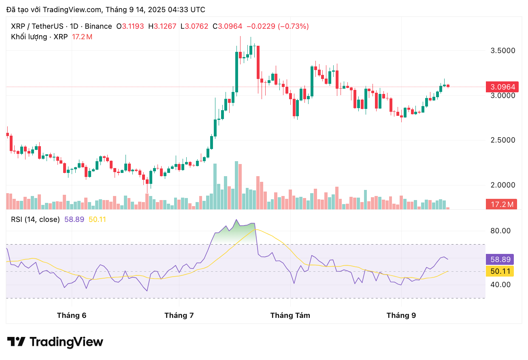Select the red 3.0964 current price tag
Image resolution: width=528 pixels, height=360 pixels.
click(502, 87)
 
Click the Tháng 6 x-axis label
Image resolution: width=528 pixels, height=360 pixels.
click(72, 315)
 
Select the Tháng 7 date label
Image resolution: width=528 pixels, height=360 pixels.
click(179, 315)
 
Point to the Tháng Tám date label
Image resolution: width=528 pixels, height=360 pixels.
click(290, 315)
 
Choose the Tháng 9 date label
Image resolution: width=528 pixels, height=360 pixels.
click(401, 315)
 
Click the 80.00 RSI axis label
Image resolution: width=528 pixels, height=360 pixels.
click(500, 231)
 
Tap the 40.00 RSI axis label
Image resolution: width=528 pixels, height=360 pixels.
click(500, 285)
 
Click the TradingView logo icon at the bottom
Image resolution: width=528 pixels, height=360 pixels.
click(17, 342)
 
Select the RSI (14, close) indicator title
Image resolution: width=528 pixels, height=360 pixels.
click(35, 219)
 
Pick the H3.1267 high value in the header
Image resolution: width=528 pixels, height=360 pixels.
click(162, 26)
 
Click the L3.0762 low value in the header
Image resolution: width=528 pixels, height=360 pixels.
click(194, 26)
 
